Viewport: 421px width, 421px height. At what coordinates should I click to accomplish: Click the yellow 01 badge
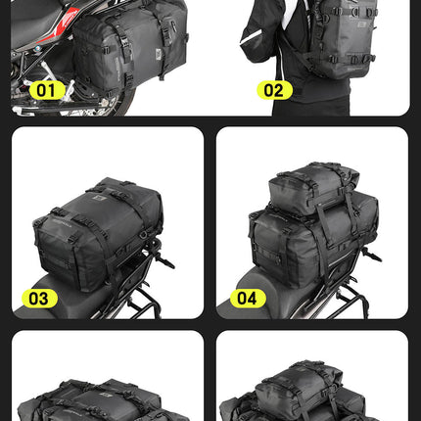pyautogui.click(x=45, y=91)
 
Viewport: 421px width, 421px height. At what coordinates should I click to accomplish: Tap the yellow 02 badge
pyautogui.click(x=275, y=91)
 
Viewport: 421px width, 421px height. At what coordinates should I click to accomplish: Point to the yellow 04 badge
pyautogui.click(x=248, y=298)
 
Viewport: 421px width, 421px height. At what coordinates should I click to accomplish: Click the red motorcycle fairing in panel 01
pyautogui.click(x=44, y=24)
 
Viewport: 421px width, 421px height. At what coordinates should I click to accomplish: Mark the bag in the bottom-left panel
pyautogui.click(x=108, y=397)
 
